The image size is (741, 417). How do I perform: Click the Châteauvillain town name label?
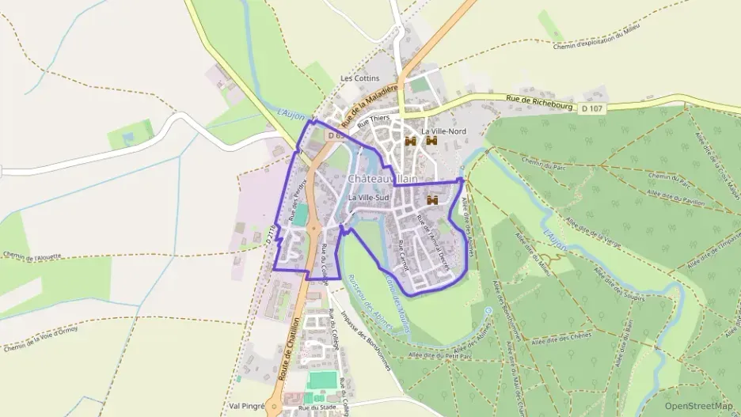pos(382,179)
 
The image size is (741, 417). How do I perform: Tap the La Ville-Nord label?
pos(444,131)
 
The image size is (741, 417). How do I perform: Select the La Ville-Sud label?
pos(370,197)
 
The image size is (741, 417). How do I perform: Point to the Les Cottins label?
pos(360,78)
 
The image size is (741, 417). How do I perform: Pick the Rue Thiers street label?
pos(375,121)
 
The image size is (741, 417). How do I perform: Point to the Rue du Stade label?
pos(314,408)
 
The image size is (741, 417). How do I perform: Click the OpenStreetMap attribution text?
pos(699,406)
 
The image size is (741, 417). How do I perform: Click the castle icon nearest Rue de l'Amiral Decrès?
pos(432,201)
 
